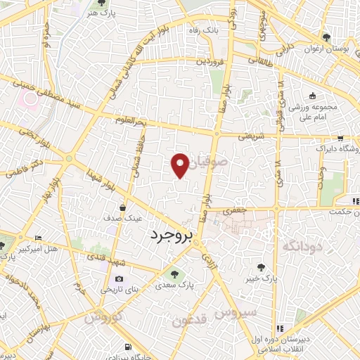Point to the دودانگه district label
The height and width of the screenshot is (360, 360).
(302, 245)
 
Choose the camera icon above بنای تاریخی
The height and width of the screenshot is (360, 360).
(119, 279)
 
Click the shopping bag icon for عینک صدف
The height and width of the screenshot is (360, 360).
(123, 208)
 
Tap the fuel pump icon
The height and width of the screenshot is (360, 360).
(127, 346)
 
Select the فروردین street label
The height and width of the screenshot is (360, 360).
(210, 61)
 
